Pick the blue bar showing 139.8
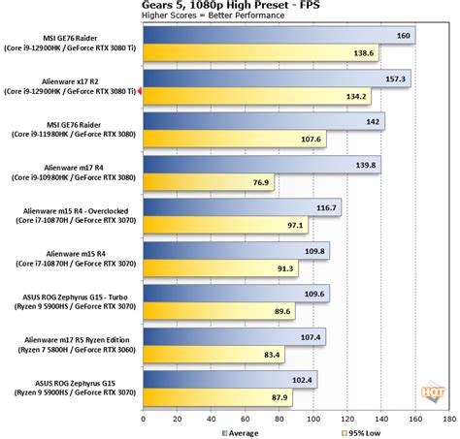coord(261,165)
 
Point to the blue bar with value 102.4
coord(229,379)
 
